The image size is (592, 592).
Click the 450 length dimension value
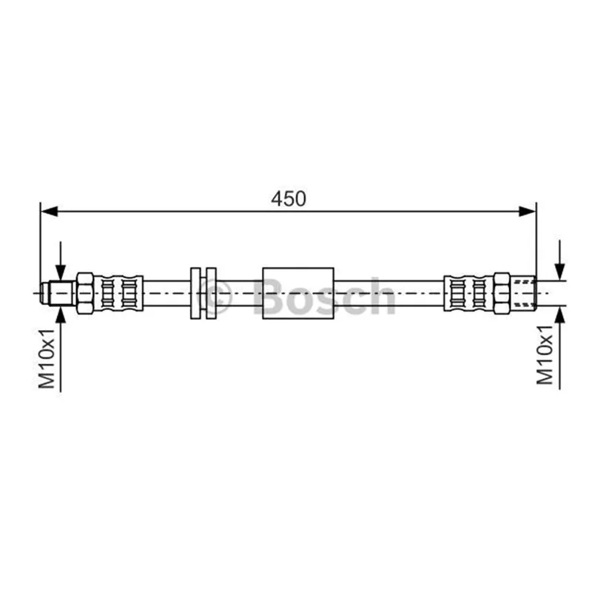pyautogui.click(x=289, y=199)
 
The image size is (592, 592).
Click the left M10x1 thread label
pyautogui.click(x=47, y=359)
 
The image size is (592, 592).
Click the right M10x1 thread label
pyautogui.click(x=545, y=355)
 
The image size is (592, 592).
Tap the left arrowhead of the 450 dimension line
pyautogui.click(x=49, y=212)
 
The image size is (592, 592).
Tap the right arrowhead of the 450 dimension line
pyautogui.click(x=528, y=212)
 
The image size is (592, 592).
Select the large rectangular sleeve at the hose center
pyautogui.click(x=298, y=293)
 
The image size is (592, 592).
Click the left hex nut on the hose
pyautogui.click(x=85, y=293)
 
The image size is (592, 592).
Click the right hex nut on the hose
pyautogui.click(x=502, y=293)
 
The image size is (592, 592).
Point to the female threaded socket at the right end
pyautogui.click(x=523, y=293)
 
